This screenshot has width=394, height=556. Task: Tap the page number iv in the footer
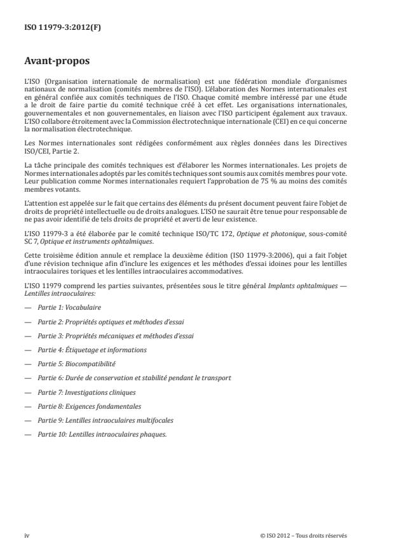[x=27, y=535]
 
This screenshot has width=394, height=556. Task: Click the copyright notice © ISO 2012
[x=304, y=535]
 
